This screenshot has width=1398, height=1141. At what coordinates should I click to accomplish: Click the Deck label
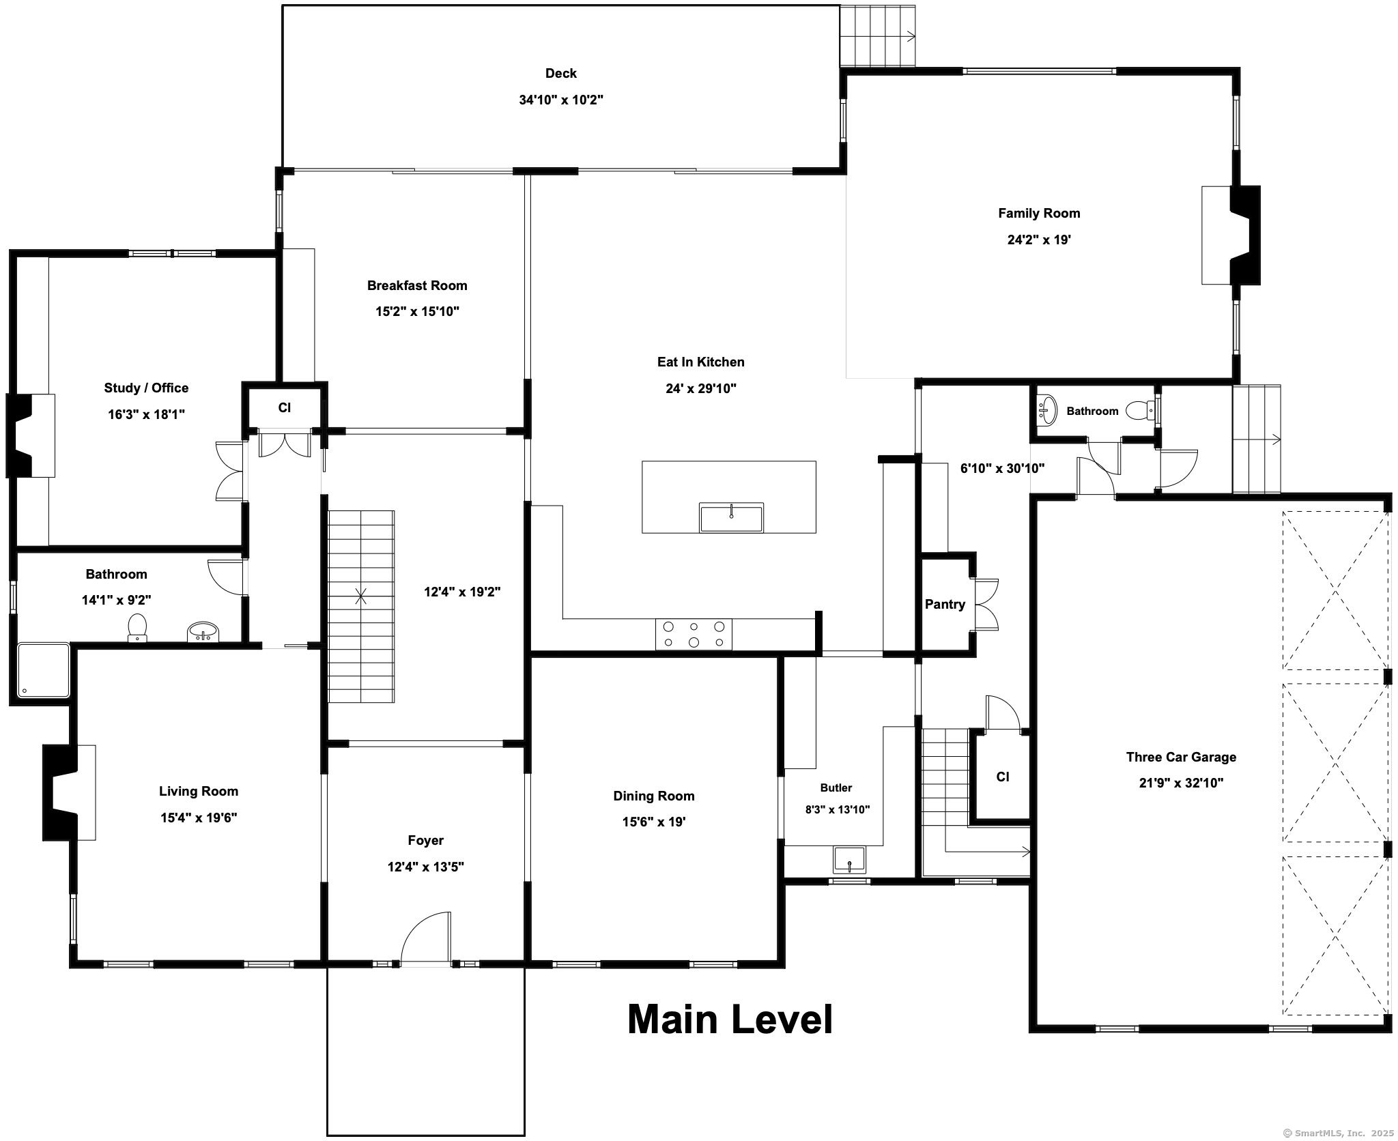coord(560,73)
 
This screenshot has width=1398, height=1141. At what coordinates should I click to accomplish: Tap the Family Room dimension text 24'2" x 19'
coord(1039,240)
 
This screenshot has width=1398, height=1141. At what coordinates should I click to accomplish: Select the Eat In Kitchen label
coord(700,362)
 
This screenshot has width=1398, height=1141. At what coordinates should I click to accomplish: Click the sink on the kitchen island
coord(731,517)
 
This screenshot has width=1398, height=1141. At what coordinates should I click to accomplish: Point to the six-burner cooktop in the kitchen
coord(694,634)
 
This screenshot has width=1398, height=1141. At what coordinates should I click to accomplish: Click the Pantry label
coord(945,604)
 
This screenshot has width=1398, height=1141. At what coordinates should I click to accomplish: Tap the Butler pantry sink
coord(849,858)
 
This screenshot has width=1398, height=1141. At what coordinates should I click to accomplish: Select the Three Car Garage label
coord(1181,757)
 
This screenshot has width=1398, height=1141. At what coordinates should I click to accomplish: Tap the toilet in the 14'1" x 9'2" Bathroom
coord(137,628)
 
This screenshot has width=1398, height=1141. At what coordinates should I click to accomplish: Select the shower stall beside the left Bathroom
coord(44,670)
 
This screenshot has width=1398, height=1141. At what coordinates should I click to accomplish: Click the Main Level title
coord(730,1020)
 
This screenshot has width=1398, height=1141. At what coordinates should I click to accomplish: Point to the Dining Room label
coord(653,796)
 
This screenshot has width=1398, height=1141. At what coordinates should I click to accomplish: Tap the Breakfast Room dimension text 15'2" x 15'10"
coord(417,312)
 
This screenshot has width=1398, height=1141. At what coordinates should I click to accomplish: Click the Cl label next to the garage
coord(1003,777)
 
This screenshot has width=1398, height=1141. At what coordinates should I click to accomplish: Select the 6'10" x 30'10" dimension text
coord(1002,468)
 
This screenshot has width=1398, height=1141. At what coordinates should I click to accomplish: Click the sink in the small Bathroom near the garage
coord(1046,409)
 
